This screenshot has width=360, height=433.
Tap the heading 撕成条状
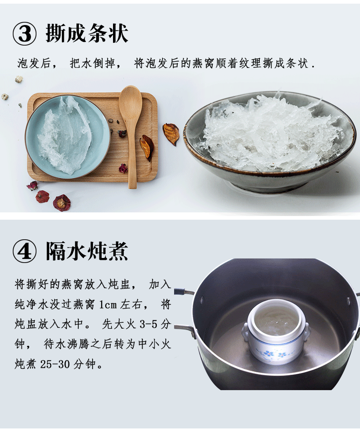[87, 33]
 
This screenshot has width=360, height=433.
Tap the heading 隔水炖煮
[87, 251]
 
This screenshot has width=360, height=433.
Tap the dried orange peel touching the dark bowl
[171, 134]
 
